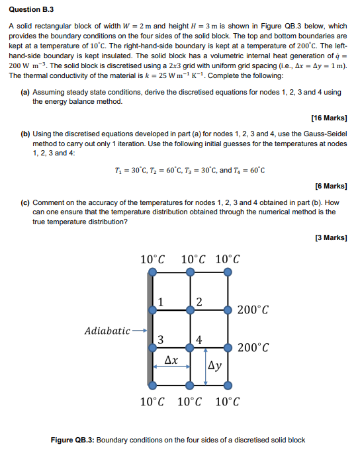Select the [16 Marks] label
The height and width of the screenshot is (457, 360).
328,118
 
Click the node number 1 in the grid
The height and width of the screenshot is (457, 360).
160,302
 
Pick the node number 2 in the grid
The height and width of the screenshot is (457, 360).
198,302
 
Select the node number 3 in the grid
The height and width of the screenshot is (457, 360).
160,340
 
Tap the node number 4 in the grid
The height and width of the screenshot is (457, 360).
199,340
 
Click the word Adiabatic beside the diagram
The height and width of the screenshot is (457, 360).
107,330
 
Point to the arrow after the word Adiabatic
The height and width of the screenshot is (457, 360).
139,330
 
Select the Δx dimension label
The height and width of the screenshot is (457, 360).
171,360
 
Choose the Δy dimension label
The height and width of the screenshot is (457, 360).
216,365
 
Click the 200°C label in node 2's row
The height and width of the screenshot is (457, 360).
253,309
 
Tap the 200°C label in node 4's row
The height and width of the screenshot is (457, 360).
253,347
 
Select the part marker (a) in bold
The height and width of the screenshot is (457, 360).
24,93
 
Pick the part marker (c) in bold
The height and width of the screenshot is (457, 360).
24,203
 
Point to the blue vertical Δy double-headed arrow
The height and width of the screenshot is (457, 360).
206,365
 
